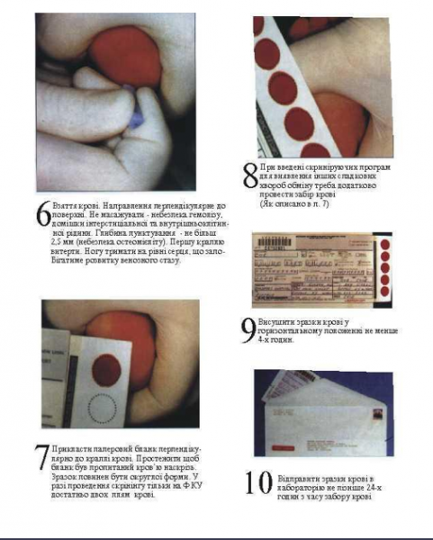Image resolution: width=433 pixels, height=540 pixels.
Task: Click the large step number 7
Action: pos(42,458)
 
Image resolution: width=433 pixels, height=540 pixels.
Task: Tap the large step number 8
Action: pos(250,175)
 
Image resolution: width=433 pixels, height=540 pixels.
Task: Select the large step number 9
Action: pos(248,330)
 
